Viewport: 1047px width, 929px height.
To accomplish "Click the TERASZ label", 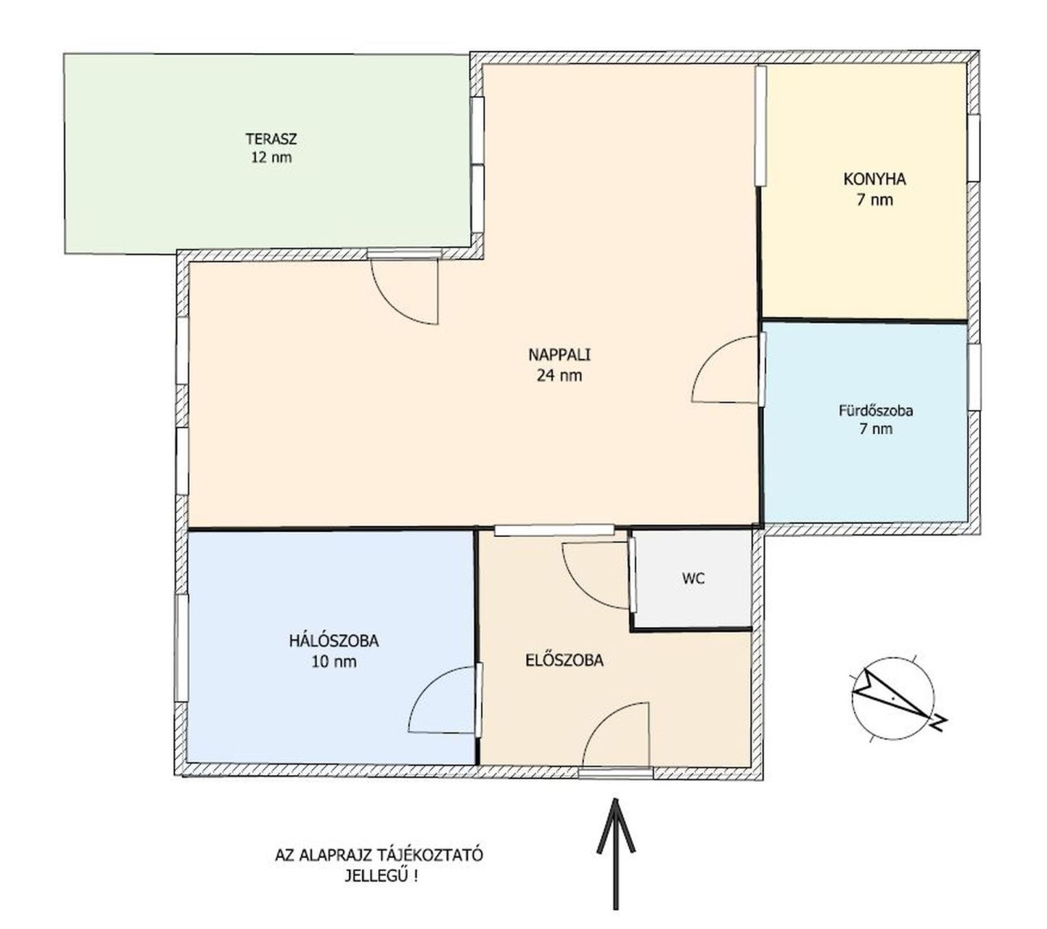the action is [x=271, y=139].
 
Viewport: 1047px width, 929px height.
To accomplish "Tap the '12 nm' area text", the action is [x=271, y=157].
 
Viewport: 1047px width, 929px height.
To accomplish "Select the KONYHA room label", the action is [x=874, y=179].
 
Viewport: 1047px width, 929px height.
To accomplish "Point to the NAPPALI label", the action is [x=559, y=355].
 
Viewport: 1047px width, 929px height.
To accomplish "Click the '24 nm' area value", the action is [x=559, y=375].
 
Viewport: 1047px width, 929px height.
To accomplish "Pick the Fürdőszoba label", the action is [x=876, y=411].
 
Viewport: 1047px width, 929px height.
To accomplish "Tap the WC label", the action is [x=693, y=578].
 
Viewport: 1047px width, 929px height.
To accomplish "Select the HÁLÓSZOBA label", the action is [x=333, y=641].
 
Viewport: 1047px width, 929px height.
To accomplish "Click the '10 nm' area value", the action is [x=334, y=662].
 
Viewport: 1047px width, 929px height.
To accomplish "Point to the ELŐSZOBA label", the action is [x=564, y=660].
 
